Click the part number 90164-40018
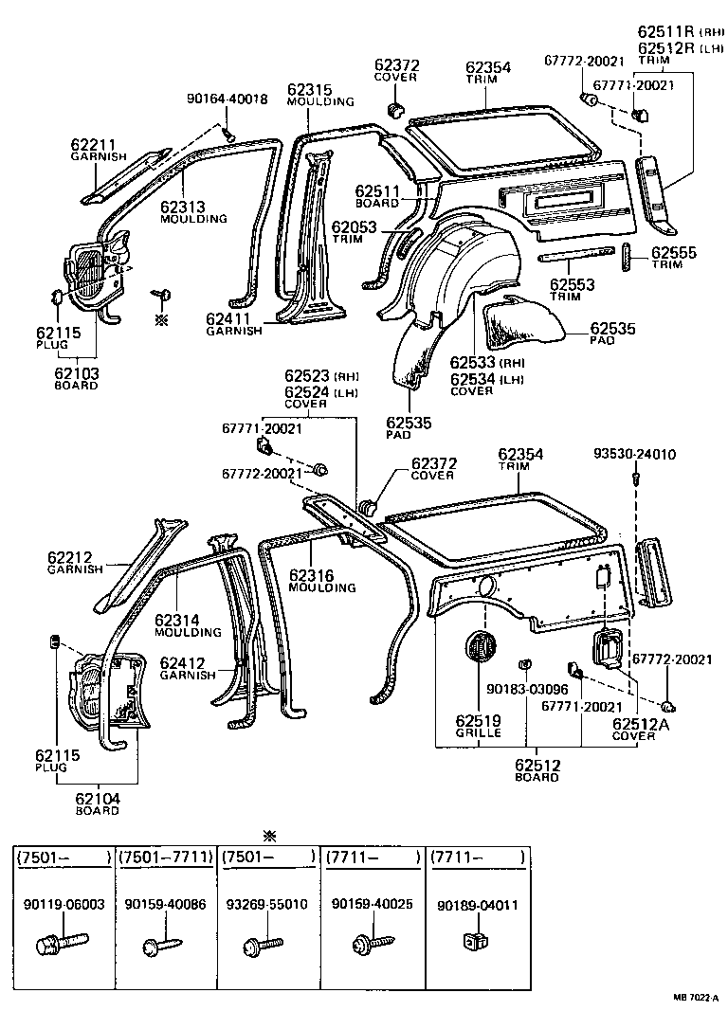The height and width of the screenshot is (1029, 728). [227, 99]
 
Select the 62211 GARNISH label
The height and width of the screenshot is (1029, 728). [99, 151]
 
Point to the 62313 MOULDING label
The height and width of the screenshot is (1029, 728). [193, 212]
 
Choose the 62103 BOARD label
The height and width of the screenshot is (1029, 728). [76, 379]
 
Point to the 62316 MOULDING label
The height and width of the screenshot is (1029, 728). [322, 581]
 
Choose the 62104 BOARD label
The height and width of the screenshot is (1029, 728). [98, 804]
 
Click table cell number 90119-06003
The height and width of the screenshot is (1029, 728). [62, 905]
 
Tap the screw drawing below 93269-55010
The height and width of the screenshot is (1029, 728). [264, 944]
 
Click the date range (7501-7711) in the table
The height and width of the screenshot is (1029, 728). [164, 857]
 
